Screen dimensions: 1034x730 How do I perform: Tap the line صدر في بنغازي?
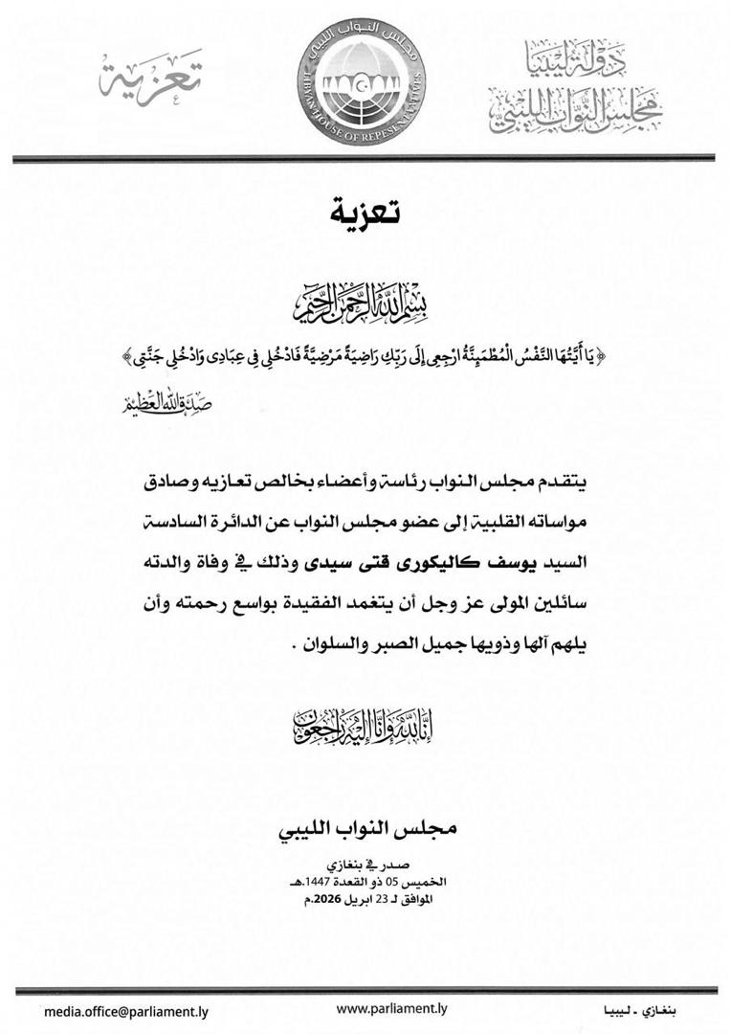(x=365, y=863)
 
